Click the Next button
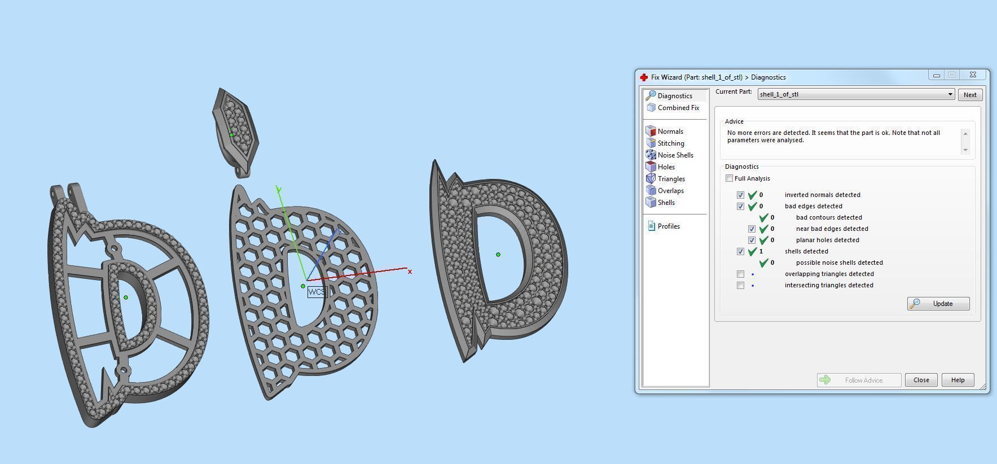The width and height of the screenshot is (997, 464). coord(969,95)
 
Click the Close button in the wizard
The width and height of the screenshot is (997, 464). coord(921,380)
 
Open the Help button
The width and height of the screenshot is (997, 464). coord(958,380)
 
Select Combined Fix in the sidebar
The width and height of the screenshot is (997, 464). coord(678,108)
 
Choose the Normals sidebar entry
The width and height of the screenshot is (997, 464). coord(670,132)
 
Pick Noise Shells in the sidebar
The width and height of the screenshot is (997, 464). coord(675,155)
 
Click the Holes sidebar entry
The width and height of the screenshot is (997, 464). coord(666,167)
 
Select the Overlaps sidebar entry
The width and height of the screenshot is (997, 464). coord(670,191)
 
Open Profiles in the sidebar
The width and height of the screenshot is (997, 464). coord(668,226)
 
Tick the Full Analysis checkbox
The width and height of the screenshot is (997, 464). coord(730,178)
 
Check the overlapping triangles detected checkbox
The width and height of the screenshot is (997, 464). coord(740,274)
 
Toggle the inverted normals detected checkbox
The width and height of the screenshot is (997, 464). coord(740,195)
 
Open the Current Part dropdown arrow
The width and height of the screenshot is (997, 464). coord(950,94)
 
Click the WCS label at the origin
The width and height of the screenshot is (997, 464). coord(317,292)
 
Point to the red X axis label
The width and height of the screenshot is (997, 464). coord(410,272)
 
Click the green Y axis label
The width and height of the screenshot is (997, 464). coord(279,190)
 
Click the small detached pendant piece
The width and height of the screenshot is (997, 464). coord(235,130)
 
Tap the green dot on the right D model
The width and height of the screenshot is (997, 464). coord(498,255)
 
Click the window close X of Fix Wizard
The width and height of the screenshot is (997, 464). coord(973,75)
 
